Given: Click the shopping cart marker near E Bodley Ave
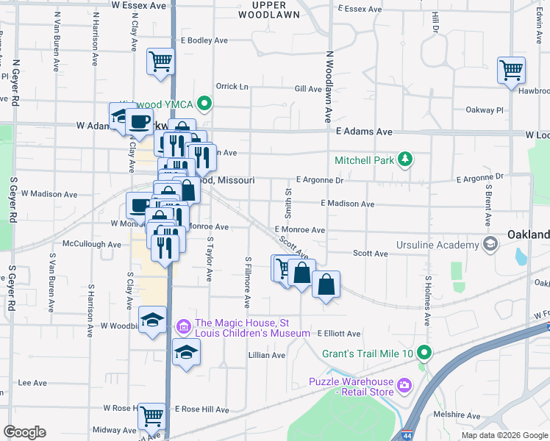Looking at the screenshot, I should (160, 62).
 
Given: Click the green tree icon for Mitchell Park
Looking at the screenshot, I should (403, 159).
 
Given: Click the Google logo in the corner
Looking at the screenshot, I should (24, 431).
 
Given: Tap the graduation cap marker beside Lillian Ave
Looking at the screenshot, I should (187, 351).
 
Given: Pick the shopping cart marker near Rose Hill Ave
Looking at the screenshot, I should (152, 416).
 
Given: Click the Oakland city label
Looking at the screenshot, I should (528, 234).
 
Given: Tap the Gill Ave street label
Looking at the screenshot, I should (308, 89).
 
